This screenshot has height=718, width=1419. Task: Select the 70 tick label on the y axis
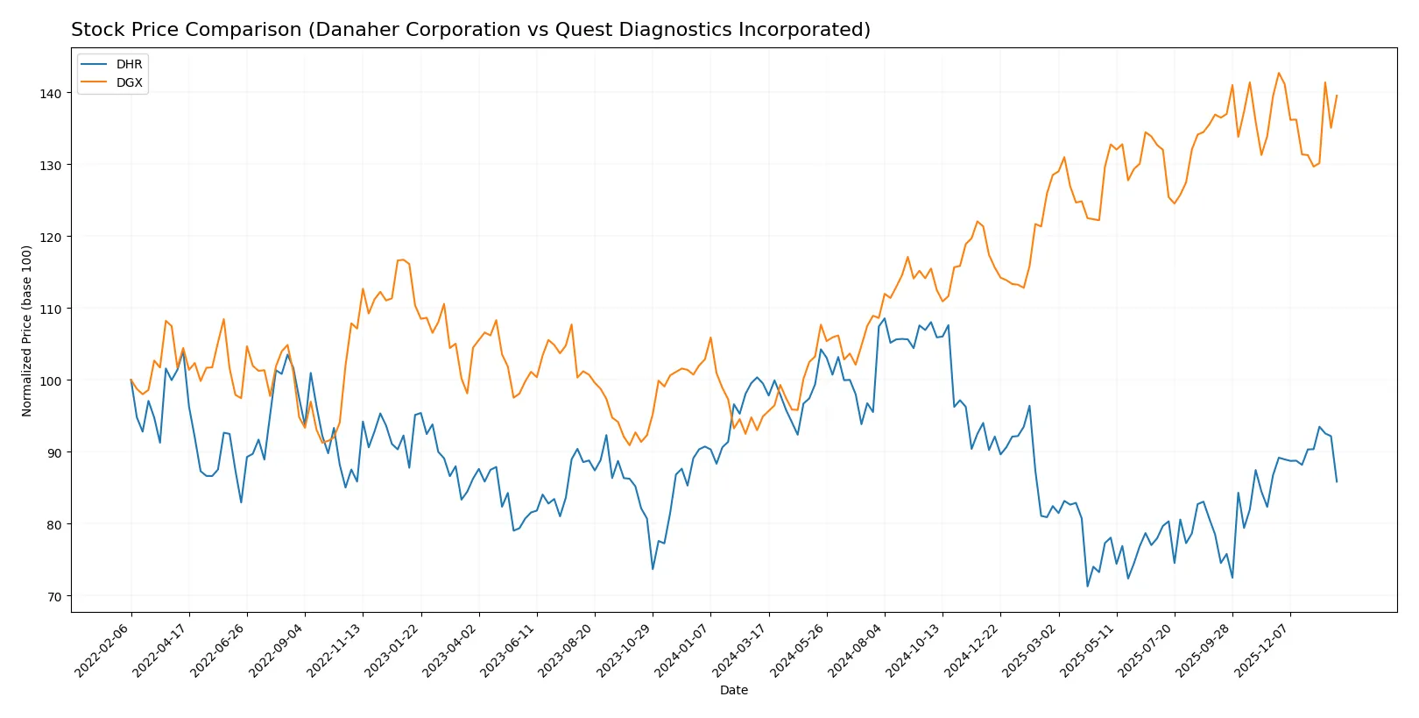click(x=53, y=597)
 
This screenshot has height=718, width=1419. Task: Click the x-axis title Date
click(x=733, y=691)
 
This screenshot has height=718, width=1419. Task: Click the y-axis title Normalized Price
click(x=27, y=331)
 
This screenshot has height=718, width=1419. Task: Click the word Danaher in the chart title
click(x=358, y=30)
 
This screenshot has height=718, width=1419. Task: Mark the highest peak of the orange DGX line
click(x=1279, y=73)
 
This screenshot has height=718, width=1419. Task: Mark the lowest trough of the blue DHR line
click(x=1088, y=586)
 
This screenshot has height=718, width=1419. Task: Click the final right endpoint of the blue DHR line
click(x=1337, y=481)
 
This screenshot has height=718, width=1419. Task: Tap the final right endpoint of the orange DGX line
click(x=1337, y=96)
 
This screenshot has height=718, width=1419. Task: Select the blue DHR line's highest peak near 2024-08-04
click(x=885, y=318)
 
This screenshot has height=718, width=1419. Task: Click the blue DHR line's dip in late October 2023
click(x=653, y=569)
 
